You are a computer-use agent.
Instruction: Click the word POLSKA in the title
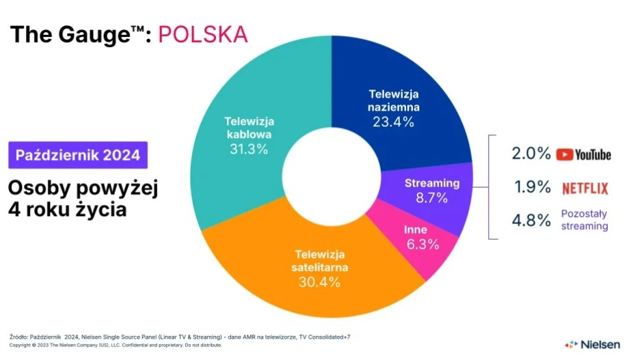(202, 34)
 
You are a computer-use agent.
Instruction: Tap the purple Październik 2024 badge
(78, 155)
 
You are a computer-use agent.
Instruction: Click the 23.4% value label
(393, 122)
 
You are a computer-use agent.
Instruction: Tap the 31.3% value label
(249, 149)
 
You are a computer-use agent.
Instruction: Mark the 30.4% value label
(319, 281)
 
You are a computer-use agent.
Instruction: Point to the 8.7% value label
(431, 197)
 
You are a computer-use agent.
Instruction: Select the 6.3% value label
(422, 244)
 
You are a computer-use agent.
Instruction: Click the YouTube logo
(583, 154)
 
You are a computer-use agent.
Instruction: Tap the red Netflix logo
(585, 188)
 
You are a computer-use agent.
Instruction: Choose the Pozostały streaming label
(584, 219)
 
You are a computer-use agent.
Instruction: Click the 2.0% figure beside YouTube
(531, 154)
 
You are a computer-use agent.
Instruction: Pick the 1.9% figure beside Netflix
(532, 187)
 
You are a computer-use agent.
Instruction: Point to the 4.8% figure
(531, 221)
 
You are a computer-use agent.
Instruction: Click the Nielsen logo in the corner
(592, 344)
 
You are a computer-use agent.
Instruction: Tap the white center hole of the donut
(332, 176)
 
